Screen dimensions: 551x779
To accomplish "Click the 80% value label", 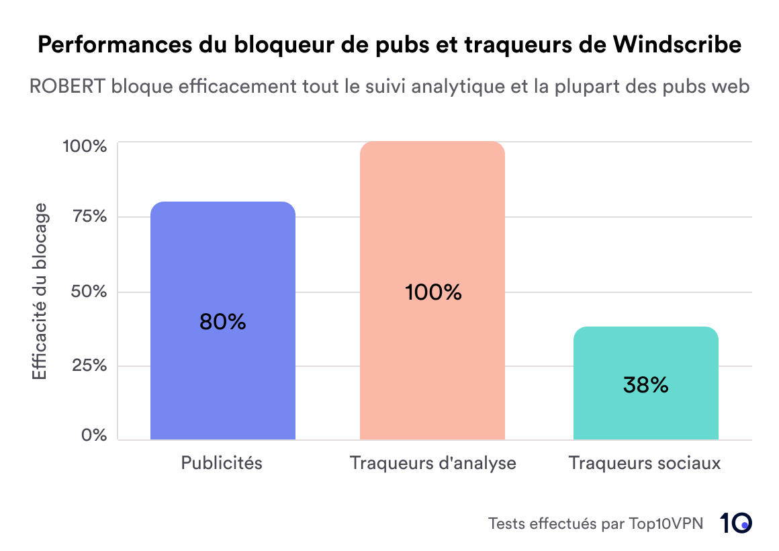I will point(223,323).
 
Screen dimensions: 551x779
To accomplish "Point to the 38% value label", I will point(645,385).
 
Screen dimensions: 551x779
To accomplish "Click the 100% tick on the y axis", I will point(85,146).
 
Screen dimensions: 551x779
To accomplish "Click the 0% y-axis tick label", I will point(94,435).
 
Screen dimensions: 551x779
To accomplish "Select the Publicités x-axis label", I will point(222,463).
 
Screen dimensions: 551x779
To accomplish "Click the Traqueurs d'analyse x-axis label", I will point(433,463).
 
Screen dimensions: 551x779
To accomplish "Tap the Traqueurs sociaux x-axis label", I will point(645,463).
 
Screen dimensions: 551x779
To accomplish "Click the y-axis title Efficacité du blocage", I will point(40,291).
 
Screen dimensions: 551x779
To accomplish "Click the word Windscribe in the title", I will point(678,45).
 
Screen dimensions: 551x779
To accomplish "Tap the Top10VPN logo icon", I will point(736,523).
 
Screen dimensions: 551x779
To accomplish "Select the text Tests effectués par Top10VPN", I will point(596,523).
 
